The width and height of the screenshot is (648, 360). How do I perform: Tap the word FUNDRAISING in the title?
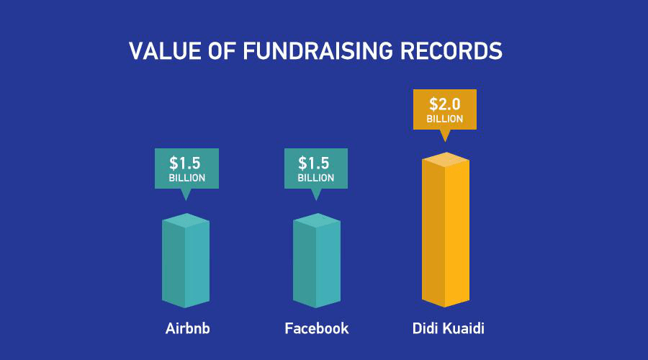(318, 51)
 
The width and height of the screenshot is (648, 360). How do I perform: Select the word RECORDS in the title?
(451, 51)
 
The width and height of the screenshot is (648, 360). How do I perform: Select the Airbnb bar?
(186, 261)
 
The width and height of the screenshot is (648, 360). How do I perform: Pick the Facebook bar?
(317, 261)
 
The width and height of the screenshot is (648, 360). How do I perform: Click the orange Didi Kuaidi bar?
(446, 230)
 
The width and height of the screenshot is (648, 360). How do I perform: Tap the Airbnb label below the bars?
(188, 328)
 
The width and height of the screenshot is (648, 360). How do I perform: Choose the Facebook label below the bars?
(317, 328)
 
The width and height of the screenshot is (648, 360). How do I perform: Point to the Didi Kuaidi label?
(449, 328)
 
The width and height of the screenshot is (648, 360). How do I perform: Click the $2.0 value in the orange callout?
(445, 104)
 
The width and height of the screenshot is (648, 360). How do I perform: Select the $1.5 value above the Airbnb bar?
(185, 163)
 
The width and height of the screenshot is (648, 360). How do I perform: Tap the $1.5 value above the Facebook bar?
(314, 163)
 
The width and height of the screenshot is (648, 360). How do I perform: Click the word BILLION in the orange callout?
(445, 119)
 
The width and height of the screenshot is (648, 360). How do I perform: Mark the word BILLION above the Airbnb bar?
(186, 178)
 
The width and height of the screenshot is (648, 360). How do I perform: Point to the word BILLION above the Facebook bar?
(316, 178)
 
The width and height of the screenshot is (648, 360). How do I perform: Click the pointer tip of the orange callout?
(445, 142)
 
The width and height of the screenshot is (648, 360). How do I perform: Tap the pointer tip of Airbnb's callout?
(186, 201)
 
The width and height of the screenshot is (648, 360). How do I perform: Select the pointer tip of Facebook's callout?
(316, 201)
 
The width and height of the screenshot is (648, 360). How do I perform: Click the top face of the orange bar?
(446, 160)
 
